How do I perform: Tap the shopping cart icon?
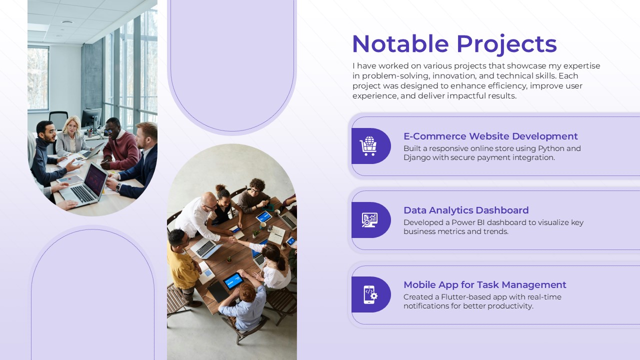368,146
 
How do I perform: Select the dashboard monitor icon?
369,220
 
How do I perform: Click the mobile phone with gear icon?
370,294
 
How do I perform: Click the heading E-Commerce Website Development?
490,136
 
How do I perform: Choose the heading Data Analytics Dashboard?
465,210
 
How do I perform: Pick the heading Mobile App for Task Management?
484,284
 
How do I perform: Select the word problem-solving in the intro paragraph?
395,76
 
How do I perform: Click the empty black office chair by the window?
58,120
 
